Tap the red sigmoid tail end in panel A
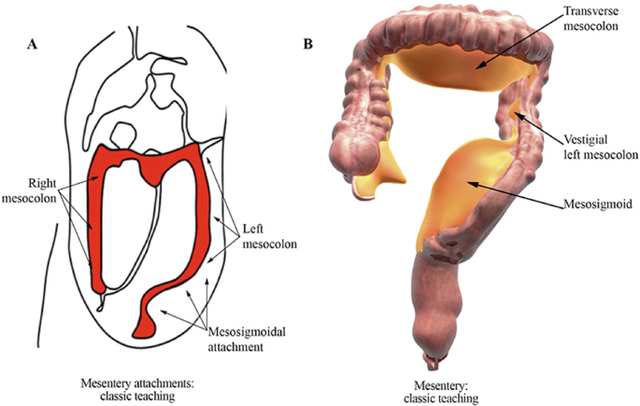click(145, 327)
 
